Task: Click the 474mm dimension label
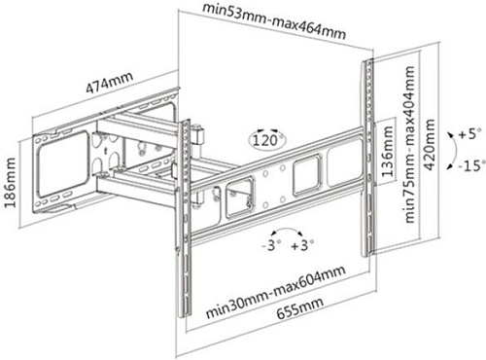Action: [x=110, y=82]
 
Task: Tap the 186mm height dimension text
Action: [x=10, y=182]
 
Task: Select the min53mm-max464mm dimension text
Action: [x=274, y=20]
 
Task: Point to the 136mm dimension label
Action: [x=388, y=151]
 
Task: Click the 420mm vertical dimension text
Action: [x=430, y=144]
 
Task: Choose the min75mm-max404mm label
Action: [x=409, y=144]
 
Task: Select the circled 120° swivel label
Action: [x=267, y=140]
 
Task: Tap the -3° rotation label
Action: [x=271, y=245]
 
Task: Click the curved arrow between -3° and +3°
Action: [x=287, y=229]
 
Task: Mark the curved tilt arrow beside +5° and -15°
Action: [x=456, y=151]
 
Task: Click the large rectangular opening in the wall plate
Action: [x=63, y=164]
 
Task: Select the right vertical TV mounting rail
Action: [x=367, y=158]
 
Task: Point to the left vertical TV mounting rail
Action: [x=185, y=218]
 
